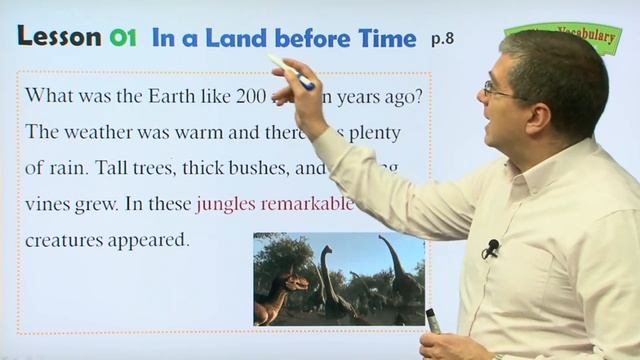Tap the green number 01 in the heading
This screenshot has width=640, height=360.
(x=123, y=38)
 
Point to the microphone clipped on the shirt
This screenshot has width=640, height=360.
(x=491, y=247)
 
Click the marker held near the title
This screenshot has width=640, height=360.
(x=290, y=72)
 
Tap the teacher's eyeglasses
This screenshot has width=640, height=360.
(x=497, y=90)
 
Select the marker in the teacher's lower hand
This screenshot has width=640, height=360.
(x=433, y=320)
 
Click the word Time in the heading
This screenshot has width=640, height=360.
(x=385, y=38)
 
